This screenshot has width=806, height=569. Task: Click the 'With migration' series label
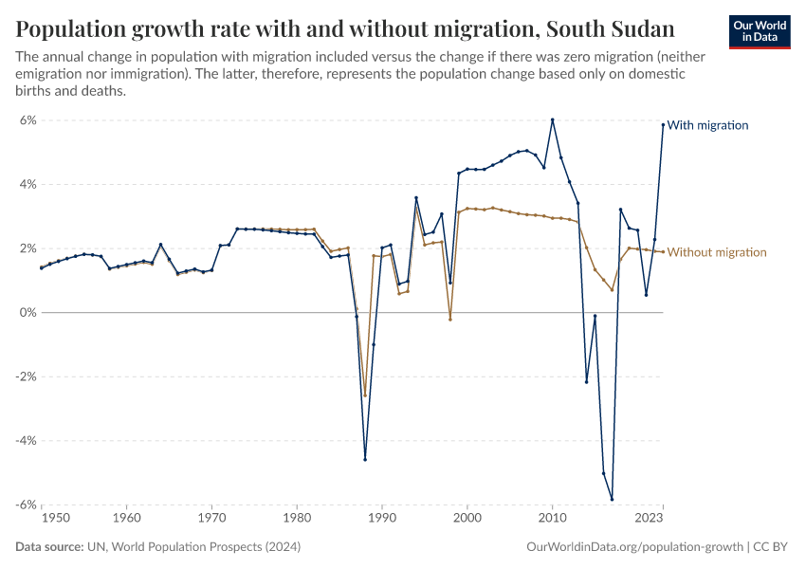click(707, 125)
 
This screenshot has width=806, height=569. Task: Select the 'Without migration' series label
click(717, 252)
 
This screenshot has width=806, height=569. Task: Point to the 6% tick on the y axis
click(27, 120)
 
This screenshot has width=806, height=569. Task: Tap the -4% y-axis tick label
click(25, 441)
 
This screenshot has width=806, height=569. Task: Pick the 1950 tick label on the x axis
click(56, 519)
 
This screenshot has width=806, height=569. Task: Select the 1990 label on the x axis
click(382, 519)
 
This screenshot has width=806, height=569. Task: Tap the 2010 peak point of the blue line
click(552, 119)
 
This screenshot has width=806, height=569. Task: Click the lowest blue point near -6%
click(612, 499)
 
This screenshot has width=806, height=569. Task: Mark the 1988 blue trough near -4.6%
click(365, 459)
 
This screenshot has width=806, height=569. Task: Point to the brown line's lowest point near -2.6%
click(365, 395)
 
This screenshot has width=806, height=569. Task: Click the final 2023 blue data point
click(663, 125)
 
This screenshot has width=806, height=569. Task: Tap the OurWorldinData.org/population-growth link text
click(633, 547)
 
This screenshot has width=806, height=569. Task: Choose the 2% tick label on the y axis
click(27, 248)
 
